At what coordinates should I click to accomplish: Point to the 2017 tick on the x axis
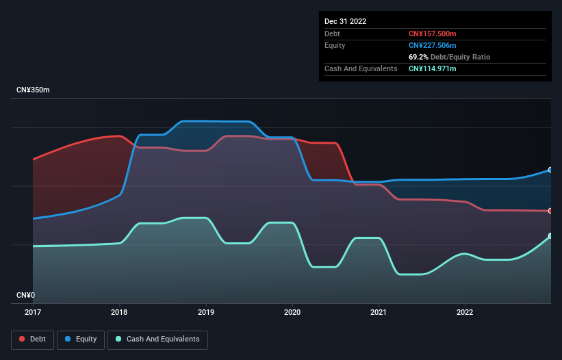[33, 313]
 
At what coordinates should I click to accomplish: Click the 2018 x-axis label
[119, 313]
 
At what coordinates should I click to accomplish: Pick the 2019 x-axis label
[206, 313]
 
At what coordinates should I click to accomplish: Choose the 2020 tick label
[292, 313]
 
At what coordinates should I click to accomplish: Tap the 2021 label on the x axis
[379, 313]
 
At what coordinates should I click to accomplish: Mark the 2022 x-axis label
[465, 313]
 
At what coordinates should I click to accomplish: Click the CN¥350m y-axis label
[33, 90]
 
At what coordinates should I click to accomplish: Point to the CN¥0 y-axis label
[25, 296]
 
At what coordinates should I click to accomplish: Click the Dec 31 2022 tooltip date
[346, 21]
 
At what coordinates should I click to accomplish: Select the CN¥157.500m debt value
[433, 34]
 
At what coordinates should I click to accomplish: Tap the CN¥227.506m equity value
[433, 45]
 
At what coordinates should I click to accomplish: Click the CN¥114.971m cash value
[433, 68]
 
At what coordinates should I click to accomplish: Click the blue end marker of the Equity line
[550, 170]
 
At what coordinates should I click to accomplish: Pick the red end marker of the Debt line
[550, 211]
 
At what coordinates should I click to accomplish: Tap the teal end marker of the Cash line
[550, 235]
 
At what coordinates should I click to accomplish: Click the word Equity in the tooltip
[335, 45]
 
